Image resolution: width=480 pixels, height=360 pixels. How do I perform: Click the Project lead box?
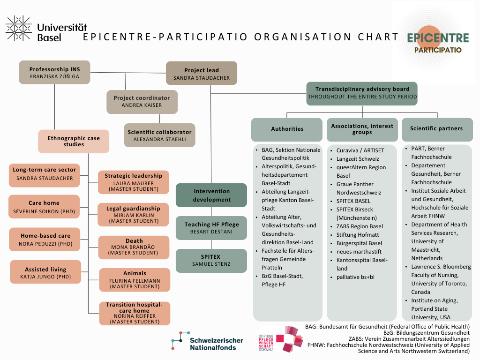pos(202,74)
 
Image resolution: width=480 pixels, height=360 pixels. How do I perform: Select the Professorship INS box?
pos(54,73)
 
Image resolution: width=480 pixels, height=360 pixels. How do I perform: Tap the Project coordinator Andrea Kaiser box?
pos(142,101)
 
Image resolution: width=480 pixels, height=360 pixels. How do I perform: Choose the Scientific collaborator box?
pos(159,135)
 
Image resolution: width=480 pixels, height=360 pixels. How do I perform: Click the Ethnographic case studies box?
pos(74,141)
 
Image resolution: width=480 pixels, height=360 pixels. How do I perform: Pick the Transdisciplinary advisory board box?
pos(362,93)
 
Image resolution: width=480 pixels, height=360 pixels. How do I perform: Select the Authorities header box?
pos(287,129)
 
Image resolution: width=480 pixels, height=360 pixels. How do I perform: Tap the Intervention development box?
pos(211,195)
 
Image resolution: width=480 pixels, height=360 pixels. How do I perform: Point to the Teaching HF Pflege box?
pos(211,228)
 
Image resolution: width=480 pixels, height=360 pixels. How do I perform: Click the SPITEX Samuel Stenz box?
pos(211,261)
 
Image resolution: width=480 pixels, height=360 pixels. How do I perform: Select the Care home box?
pos(44,207)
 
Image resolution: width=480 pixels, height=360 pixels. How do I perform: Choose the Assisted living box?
pos(45,273)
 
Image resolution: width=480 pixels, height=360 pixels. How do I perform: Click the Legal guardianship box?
pos(134,214)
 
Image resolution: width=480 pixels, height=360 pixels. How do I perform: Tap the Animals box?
pos(135,279)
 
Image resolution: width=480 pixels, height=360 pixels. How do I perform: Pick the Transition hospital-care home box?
pos(134,313)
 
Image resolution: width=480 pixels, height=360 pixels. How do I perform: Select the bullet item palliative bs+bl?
pos(355,277)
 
